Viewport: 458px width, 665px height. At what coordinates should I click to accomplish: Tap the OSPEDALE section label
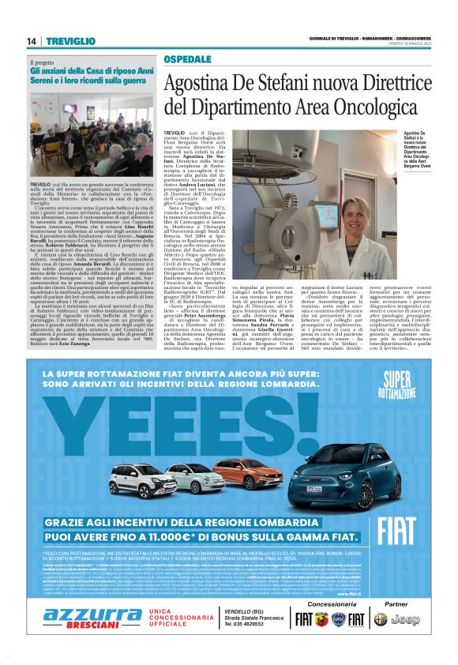coord(186,59)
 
